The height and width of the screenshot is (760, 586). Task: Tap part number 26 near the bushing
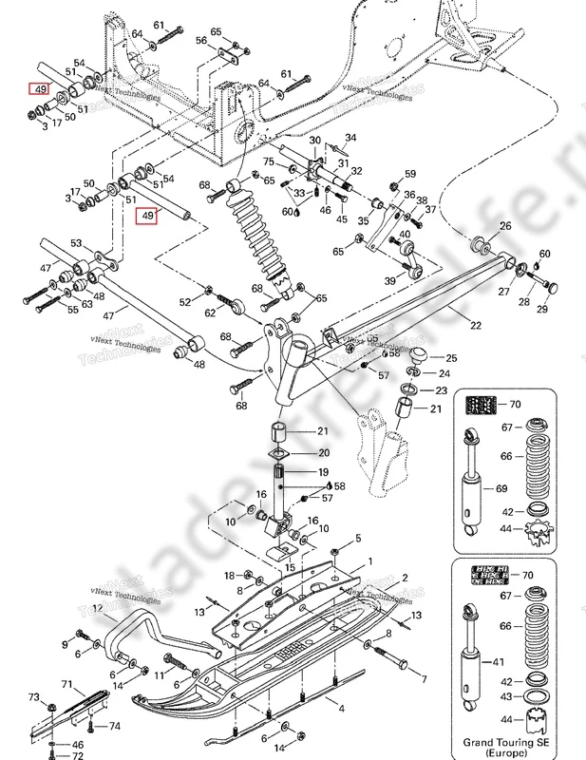[x=505, y=225]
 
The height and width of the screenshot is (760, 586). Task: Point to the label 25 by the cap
[x=451, y=358]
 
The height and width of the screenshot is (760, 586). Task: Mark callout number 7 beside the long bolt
[x=424, y=679]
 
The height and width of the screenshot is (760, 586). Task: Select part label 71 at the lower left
[x=67, y=684]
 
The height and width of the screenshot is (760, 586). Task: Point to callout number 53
[x=77, y=244]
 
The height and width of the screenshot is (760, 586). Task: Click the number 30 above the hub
[x=314, y=141]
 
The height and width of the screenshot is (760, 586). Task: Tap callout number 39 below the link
[x=388, y=281]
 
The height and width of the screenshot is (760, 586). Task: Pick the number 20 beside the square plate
[x=323, y=452]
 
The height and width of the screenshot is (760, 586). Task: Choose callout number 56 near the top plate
[x=201, y=41]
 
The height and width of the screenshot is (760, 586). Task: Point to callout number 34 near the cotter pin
[x=351, y=140]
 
